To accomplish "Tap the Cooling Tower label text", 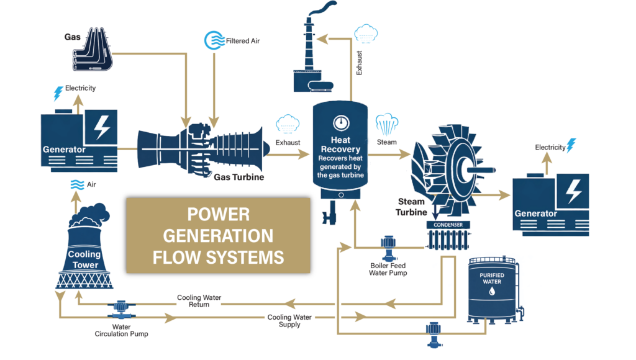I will [84, 259].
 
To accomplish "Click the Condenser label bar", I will [448, 225].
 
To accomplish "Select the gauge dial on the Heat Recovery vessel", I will [340, 122].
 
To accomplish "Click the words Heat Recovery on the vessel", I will [340, 145].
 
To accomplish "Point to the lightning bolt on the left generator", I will [101, 128].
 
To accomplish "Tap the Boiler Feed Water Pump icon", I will [389, 246].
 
